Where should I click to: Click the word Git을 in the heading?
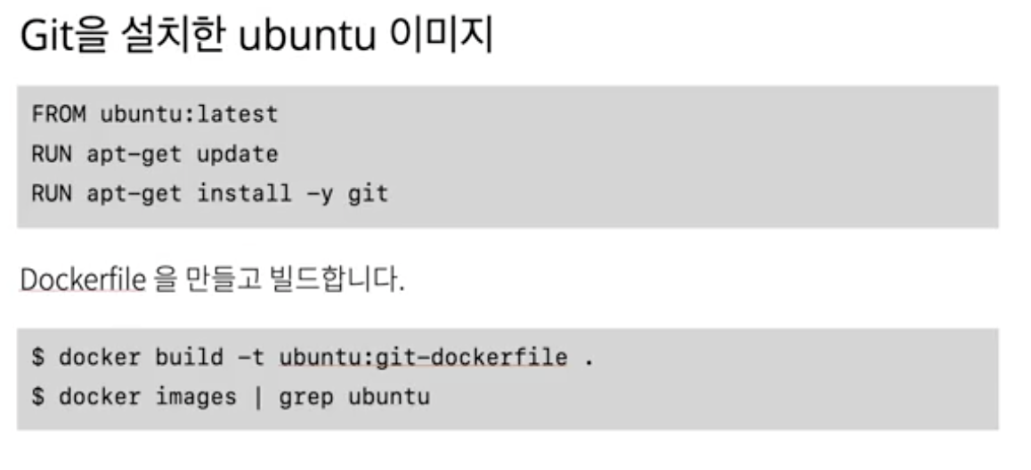61,41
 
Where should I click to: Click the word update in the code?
237,154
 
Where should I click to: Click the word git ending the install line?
368,193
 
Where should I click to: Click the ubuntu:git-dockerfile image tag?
423,358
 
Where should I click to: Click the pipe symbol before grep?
258,396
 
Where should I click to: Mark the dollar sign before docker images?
38,396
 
